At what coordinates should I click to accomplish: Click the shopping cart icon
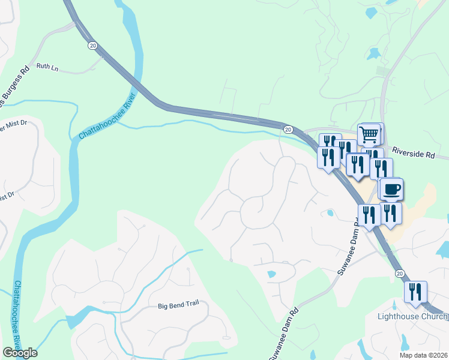click(370, 133)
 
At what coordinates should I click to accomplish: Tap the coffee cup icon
click(392, 189)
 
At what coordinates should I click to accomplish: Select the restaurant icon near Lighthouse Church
click(415, 292)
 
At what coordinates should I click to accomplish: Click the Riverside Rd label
click(413, 154)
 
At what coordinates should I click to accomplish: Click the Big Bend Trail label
click(178, 306)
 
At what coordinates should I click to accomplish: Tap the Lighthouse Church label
click(411, 316)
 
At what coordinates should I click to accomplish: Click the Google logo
click(19, 352)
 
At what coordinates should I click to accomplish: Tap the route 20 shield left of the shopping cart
click(288, 129)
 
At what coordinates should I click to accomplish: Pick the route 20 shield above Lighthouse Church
click(400, 273)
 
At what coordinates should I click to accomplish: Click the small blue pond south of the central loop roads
click(271, 274)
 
